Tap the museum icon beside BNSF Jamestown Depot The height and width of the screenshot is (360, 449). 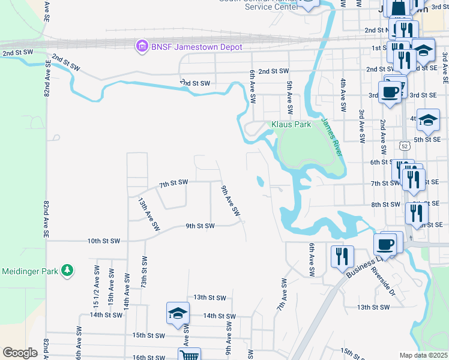(x=142, y=46)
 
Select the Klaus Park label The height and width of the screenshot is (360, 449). (x=291, y=124)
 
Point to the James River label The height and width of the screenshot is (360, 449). (x=331, y=137)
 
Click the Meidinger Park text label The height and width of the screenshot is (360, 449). (x=29, y=271)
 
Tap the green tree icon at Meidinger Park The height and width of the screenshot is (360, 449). (x=68, y=271)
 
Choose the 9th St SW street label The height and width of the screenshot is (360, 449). (x=200, y=226)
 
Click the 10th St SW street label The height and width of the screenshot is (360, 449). (x=104, y=241)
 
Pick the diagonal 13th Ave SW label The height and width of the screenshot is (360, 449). (x=149, y=215)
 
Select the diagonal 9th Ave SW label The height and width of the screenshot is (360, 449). (x=231, y=202)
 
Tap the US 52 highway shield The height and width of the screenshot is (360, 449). (x=405, y=145)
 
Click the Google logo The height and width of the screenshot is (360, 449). (x=20, y=353)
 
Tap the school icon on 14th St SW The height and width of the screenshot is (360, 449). (x=178, y=314)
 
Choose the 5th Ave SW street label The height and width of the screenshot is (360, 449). (x=289, y=98)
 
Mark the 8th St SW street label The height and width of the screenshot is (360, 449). (x=385, y=205)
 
